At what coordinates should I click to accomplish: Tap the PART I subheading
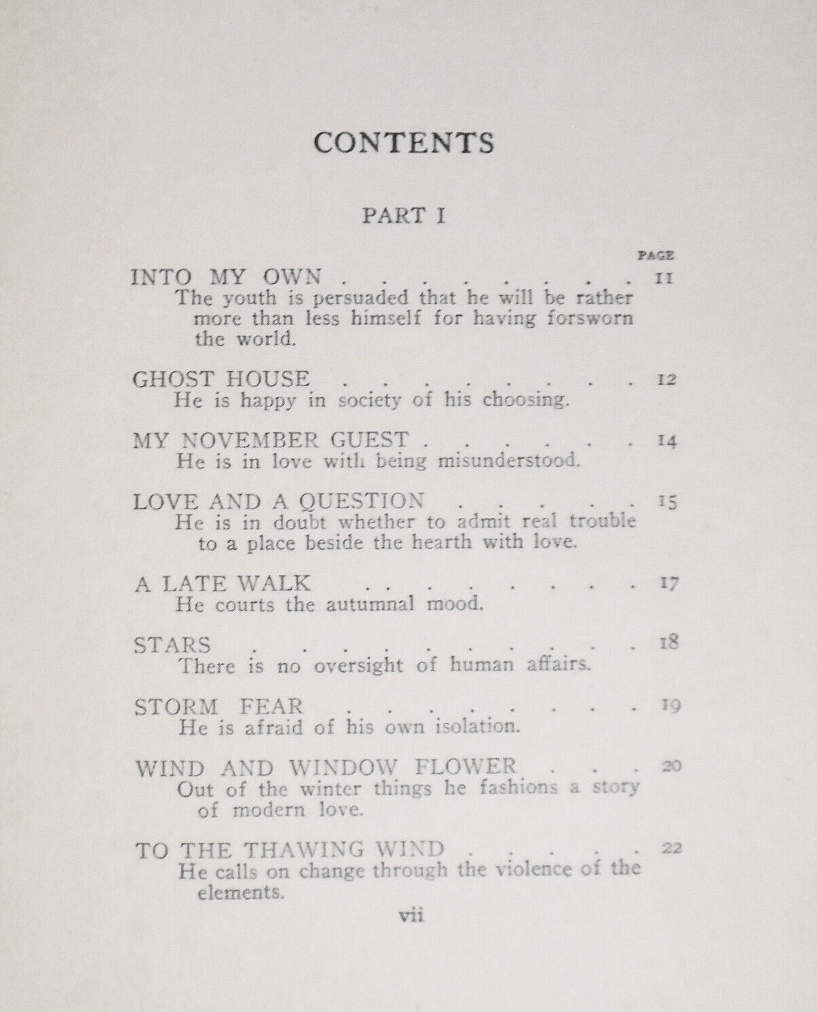404,216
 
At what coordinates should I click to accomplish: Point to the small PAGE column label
656,256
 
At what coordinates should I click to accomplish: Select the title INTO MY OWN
226,277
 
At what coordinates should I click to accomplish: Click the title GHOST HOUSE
221,379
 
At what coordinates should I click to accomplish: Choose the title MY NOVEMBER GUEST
271,440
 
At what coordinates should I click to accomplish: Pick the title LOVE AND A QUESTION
278,502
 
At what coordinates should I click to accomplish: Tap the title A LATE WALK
222,583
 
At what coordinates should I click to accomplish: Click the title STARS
172,644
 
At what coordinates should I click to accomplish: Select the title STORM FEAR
218,706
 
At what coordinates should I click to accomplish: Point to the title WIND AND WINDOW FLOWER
326,768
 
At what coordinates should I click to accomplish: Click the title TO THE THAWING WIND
290,849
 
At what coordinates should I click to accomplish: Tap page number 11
664,278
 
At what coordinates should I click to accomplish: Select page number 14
667,441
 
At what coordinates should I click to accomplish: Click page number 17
668,584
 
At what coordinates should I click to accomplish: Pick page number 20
670,766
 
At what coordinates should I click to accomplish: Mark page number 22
671,848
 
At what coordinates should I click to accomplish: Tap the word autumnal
368,603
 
